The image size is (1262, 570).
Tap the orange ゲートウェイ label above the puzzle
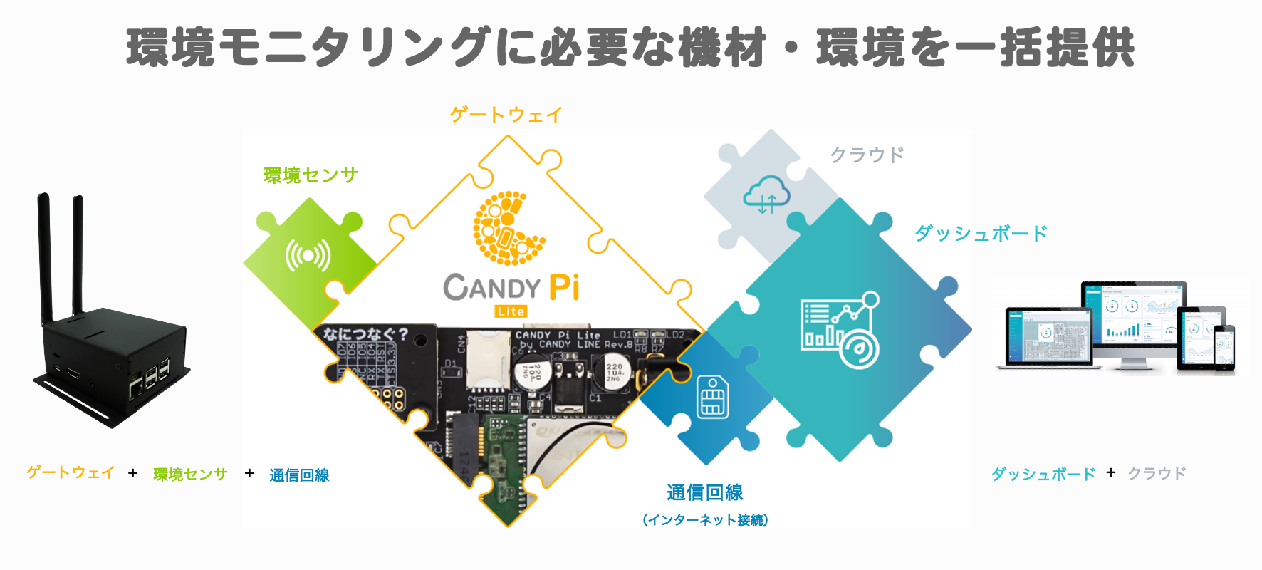pos(506,114)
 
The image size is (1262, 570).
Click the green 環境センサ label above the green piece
pos(311,175)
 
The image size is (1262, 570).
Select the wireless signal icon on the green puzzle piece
pos(308,255)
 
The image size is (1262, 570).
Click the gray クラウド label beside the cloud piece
pos(867,155)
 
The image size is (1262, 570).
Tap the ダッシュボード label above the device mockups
pos(981,233)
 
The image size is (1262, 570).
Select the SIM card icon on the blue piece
pos(712,397)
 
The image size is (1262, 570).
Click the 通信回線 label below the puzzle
pos(705,492)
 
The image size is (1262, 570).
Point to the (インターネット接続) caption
pos(705,520)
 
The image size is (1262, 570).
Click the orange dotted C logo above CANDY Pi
pos(507,228)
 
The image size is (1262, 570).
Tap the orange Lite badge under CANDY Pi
pos(511,311)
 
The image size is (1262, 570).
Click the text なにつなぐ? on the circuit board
pos(365,333)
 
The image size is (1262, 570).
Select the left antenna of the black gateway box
pos(44,256)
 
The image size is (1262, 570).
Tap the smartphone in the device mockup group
pos(1224,348)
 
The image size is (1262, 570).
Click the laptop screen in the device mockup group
pos(1048,336)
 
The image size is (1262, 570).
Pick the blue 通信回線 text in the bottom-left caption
pos(299,475)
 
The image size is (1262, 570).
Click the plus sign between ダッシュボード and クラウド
pos(1111,472)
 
